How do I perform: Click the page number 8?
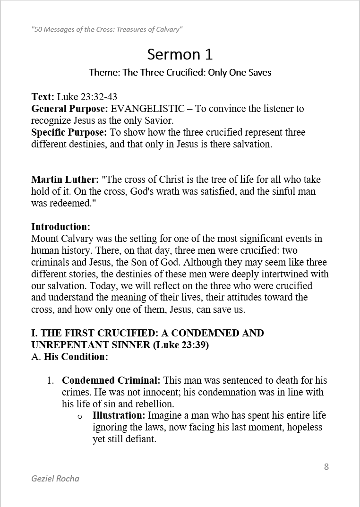tap(326, 467)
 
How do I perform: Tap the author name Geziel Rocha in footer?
tap(55, 479)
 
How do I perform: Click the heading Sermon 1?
tap(180, 54)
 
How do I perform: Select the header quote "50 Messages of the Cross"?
tap(107, 29)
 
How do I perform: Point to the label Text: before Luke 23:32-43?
tap(43, 97)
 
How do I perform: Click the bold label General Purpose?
tap(70, 109)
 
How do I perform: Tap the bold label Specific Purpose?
tap(69, 132)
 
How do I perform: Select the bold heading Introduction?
tap(60, 227)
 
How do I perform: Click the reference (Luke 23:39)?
tap(181, 345)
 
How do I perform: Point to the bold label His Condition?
tap(76, 357)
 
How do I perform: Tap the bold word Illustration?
tap(119, 416)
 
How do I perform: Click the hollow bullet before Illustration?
tap(80, 416)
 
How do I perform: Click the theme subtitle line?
tap(180, 73)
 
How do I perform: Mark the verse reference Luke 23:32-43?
tap(87, 97)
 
